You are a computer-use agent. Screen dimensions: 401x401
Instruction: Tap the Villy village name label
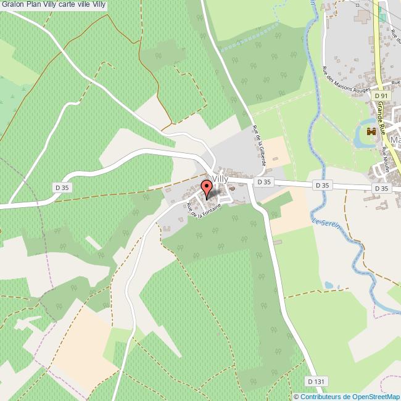(220, 178)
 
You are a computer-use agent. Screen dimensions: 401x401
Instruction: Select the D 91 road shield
(381, 96)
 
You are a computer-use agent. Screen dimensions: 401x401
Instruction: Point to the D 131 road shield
(316, 382)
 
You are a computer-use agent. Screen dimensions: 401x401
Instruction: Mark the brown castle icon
(371, 131)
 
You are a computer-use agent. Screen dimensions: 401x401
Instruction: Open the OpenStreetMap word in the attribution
(374, 397)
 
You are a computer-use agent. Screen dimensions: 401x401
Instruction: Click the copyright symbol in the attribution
(297, 397)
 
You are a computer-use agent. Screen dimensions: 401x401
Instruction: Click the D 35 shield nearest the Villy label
(264, 182)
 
